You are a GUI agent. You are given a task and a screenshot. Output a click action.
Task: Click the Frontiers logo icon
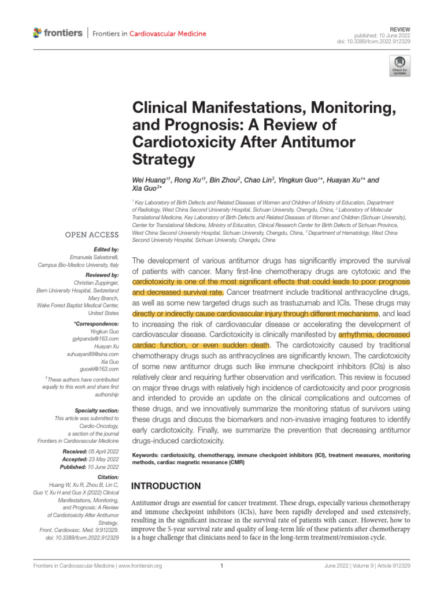38,33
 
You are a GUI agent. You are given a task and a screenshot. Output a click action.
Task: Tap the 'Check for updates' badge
399,66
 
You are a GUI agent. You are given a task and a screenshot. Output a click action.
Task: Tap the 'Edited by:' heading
105,249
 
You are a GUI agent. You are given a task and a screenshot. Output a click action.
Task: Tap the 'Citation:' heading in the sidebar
108,477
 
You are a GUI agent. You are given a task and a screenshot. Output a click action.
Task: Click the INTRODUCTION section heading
166,486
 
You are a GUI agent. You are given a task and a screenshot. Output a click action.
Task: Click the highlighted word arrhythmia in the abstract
359,334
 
